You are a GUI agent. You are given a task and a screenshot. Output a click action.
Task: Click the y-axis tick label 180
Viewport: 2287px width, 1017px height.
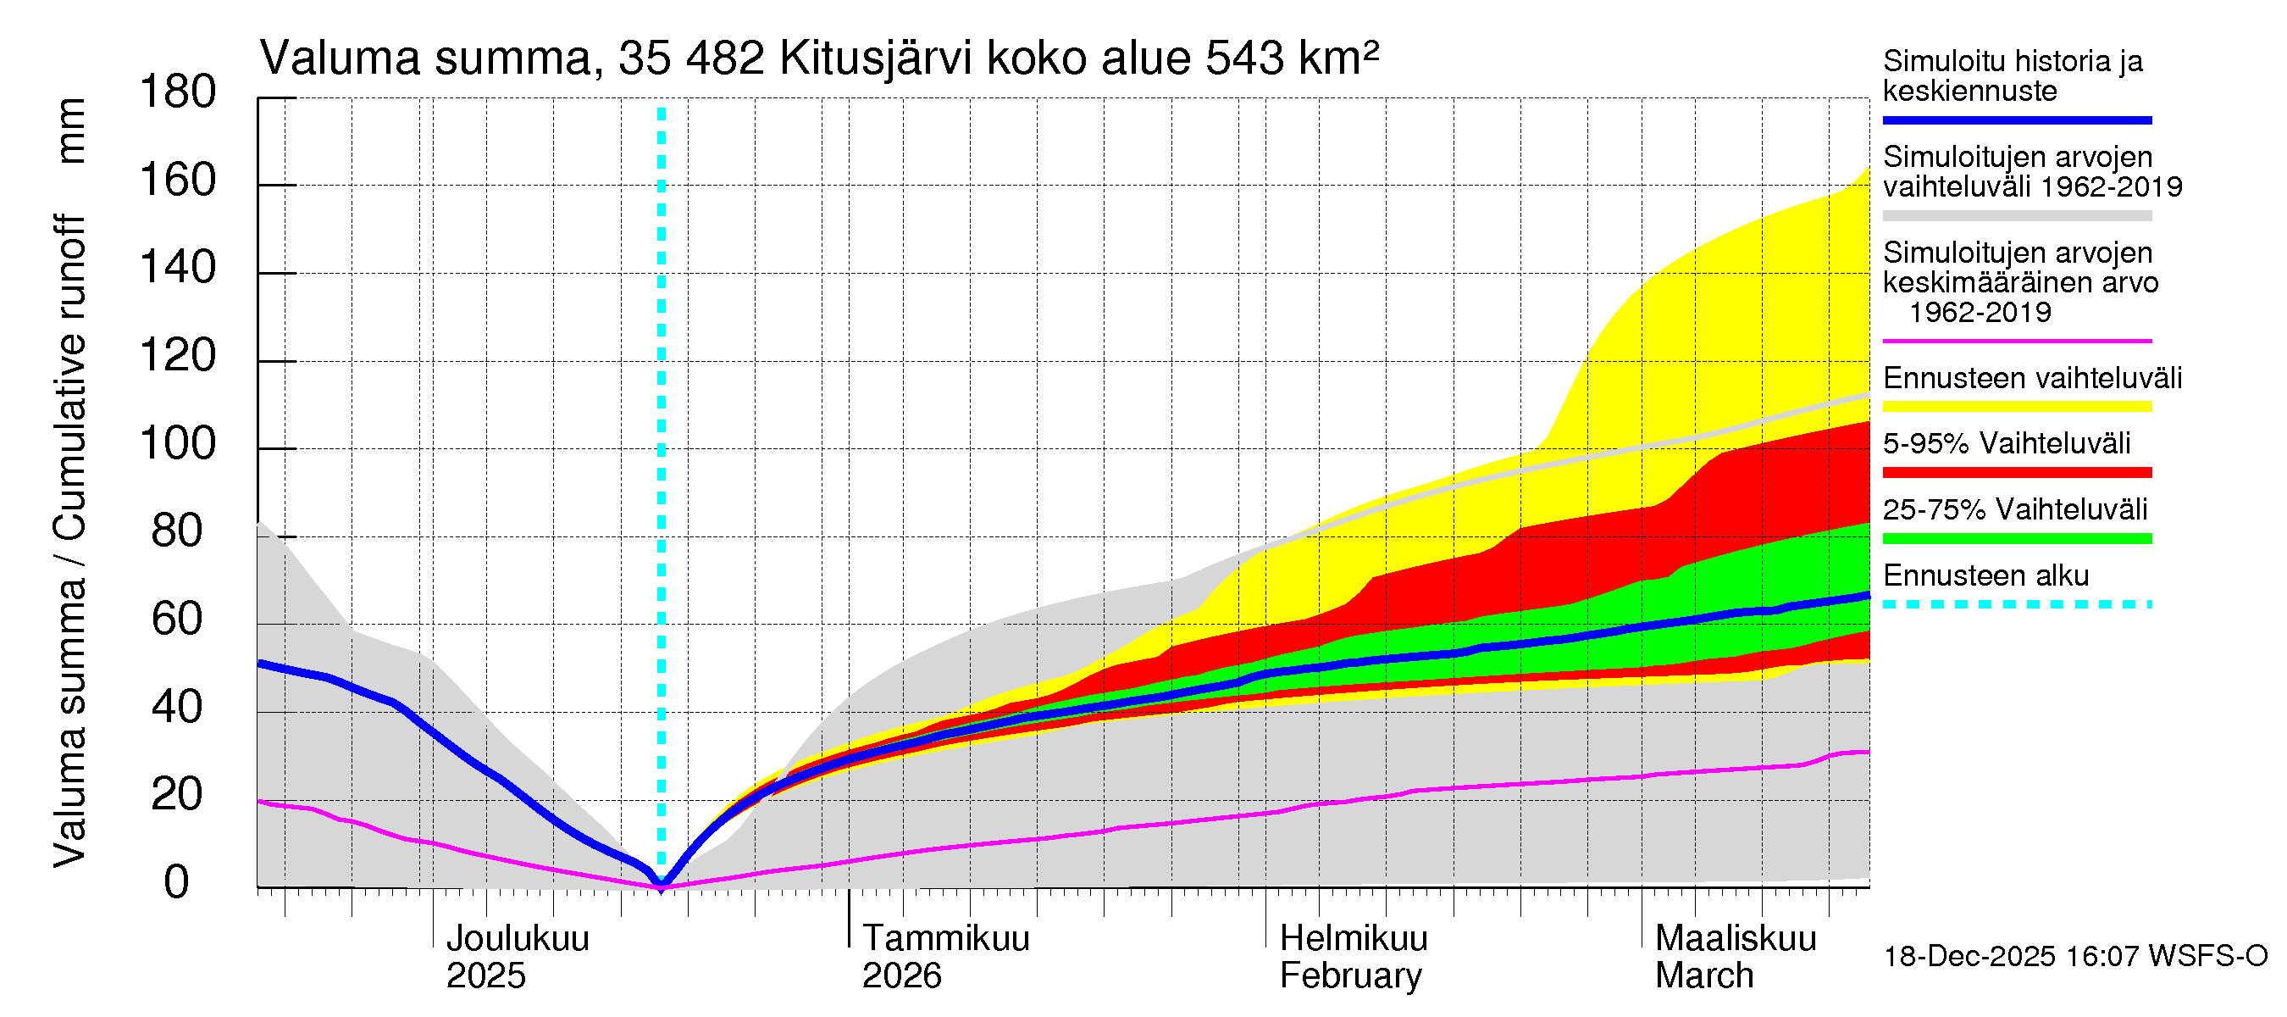178,92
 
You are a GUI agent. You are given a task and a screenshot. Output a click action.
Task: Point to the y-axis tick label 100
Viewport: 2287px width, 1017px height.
178,444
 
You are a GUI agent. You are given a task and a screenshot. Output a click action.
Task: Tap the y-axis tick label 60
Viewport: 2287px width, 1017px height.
178,619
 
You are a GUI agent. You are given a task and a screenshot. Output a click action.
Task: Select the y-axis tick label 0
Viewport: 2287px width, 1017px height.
177,883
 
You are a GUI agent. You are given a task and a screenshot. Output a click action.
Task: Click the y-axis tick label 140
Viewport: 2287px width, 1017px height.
178,269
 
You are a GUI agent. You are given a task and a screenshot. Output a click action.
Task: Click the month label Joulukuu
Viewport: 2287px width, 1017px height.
517,939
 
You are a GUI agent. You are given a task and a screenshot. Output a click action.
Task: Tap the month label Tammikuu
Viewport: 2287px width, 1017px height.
945,939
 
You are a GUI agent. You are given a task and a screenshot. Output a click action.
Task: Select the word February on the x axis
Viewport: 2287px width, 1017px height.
1350,976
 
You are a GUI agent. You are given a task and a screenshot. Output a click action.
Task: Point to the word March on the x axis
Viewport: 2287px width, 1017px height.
1703,976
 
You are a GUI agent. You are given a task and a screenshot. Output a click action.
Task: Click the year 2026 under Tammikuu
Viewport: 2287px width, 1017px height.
901,976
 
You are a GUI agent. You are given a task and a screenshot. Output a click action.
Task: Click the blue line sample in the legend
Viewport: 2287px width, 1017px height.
2016,119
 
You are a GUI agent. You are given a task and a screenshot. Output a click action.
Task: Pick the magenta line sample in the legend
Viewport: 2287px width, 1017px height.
2016,341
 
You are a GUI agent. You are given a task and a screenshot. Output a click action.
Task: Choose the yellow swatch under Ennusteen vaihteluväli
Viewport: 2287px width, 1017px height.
2016,407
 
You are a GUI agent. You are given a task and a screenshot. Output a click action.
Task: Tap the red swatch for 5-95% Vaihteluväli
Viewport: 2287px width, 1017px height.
2016,473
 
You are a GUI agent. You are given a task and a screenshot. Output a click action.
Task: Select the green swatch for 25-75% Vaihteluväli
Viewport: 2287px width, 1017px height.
2016,538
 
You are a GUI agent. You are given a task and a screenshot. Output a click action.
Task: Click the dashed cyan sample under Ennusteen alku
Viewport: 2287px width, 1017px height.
2016,605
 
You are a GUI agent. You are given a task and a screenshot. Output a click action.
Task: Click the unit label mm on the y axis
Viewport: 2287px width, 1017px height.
71,131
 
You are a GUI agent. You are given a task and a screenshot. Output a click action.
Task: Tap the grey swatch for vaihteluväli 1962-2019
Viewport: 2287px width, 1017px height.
2016,216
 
